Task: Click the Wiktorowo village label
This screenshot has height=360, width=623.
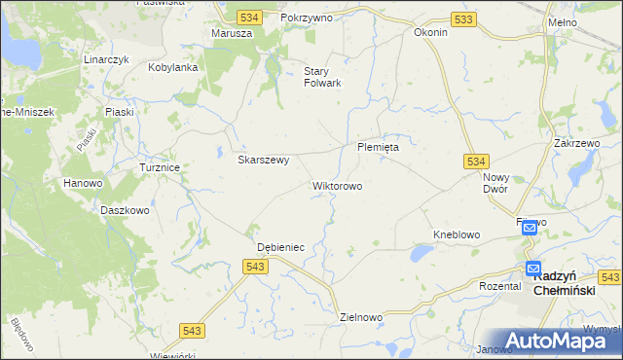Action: coord(338,185)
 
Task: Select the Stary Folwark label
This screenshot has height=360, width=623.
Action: coord(323,77)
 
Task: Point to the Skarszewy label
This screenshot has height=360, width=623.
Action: coord(264,161)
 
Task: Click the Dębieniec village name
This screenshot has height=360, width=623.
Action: coord(280,247)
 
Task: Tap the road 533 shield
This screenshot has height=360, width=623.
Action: coord(464,18)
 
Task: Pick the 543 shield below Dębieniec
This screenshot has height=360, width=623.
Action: coord(256,267)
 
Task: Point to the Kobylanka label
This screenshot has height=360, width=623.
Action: coord(173,68)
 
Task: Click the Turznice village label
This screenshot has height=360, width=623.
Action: coord(160,167)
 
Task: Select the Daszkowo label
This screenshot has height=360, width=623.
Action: coord(125,210)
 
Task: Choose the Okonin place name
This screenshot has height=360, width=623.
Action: coord(430,32)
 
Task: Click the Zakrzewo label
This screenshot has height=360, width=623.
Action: coord(575,143)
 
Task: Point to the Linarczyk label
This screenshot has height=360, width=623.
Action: coord(107,59)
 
